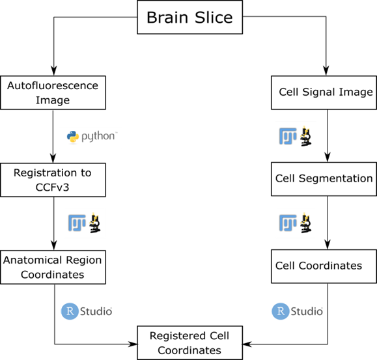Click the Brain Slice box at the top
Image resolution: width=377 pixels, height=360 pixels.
[x=189, y=18]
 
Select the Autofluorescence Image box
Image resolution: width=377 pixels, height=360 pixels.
[x=52, y=92]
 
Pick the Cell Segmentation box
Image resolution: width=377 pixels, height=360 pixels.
[x=324, y=178]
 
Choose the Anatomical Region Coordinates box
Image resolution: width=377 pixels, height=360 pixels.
[x=53, y=267]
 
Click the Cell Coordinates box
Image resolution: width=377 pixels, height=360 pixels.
[x=324, y=266]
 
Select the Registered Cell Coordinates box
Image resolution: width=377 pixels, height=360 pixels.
[x=189, y=342]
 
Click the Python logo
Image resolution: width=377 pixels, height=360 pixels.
[x=92, y=136]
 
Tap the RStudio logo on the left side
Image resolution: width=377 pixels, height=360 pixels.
[x=87, y=311]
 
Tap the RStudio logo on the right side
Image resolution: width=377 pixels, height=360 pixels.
[x=297, y=311]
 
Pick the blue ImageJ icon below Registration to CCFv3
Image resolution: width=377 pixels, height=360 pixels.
[x=77, y=223]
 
